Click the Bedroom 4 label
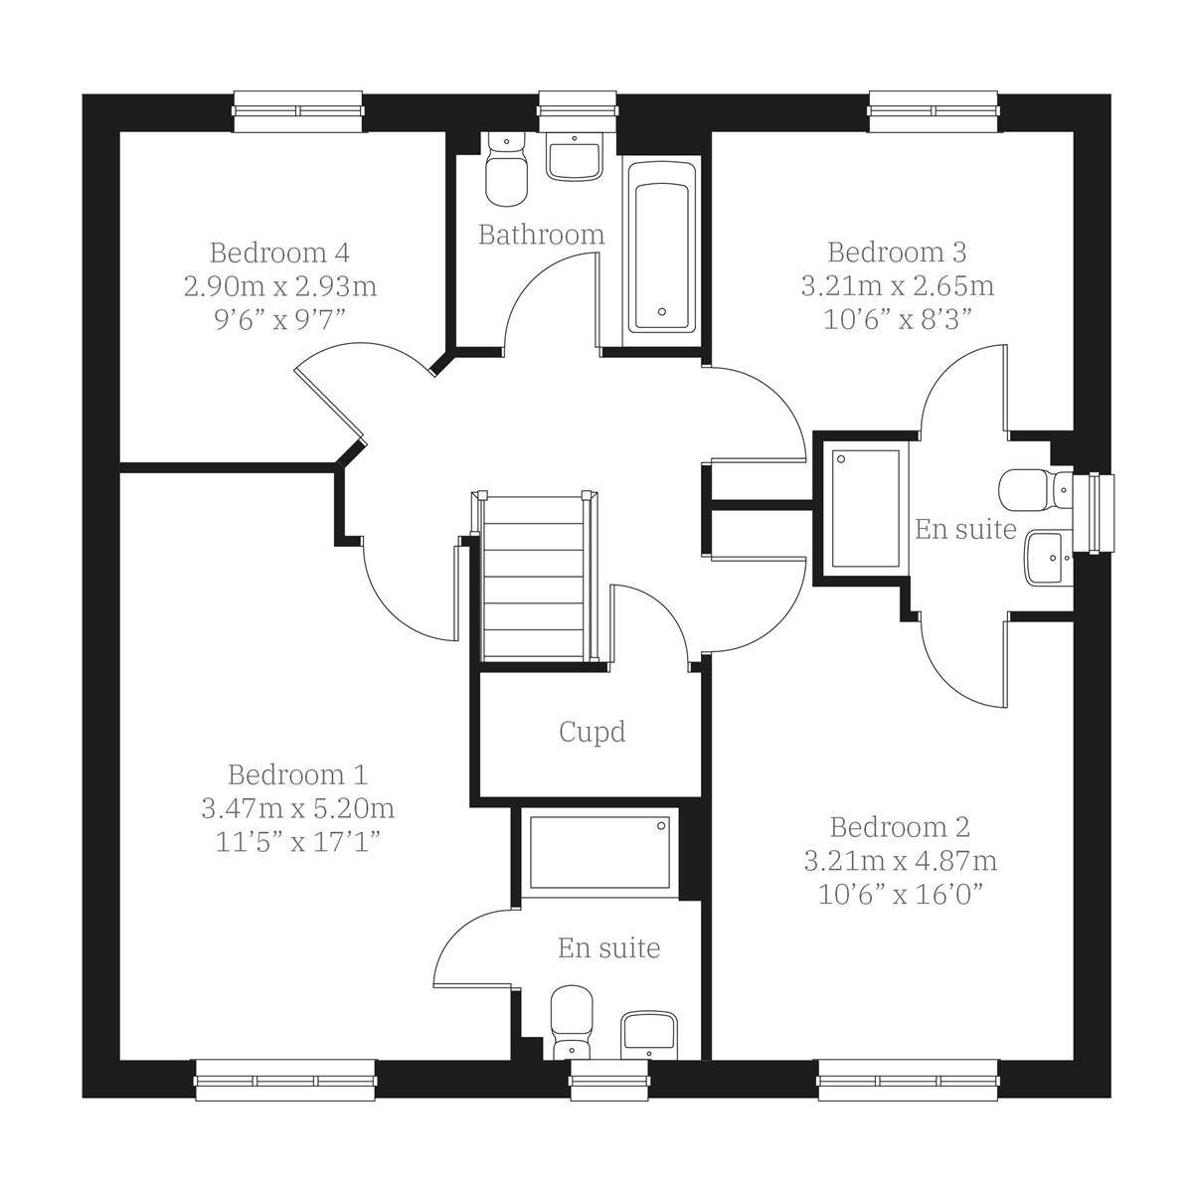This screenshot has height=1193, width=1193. coord(279,253)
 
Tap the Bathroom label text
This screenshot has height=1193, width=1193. coord(541,235)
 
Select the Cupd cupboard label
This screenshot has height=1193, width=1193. coord(593,733)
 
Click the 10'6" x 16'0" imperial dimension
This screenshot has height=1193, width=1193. coord(901,895)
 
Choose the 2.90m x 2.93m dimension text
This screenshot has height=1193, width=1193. coord(279,286)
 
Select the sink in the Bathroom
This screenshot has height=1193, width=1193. coord(575,158)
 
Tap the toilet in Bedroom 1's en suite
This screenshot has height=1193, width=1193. coord(571,1016)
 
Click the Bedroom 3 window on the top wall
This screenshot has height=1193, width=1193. coord(934,110)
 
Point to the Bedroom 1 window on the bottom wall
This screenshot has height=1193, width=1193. coord(285,1080)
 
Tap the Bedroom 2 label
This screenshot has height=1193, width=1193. coord(900,827)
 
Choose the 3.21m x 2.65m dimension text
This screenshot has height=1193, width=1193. coord(898,286)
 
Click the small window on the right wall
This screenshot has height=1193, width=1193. coord(1100,511)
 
